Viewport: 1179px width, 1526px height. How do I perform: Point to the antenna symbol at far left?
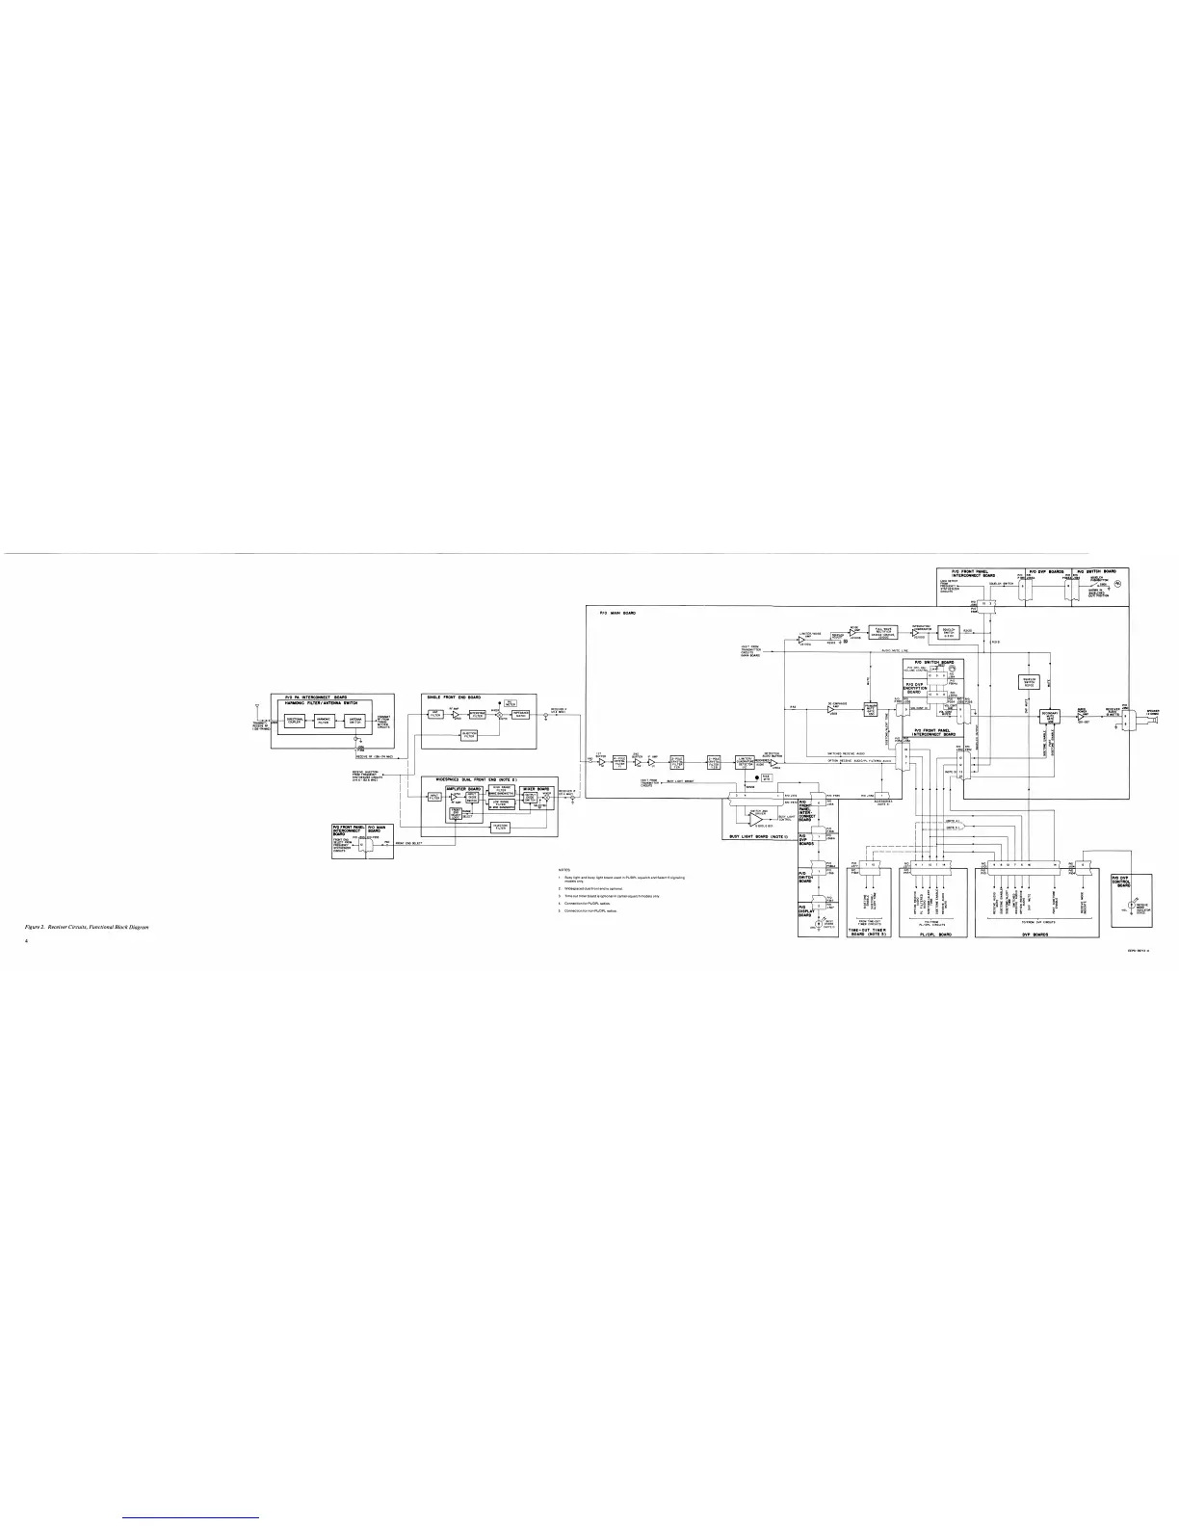[257, 707]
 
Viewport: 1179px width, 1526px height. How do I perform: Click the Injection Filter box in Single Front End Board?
[469, 734]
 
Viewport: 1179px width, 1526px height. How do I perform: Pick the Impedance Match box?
[521, 714]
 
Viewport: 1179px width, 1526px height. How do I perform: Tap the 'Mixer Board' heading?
[535, 787]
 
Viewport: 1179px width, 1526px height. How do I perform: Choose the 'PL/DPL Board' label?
[930, 934]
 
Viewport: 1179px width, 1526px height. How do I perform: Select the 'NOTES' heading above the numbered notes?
[564, 868]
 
